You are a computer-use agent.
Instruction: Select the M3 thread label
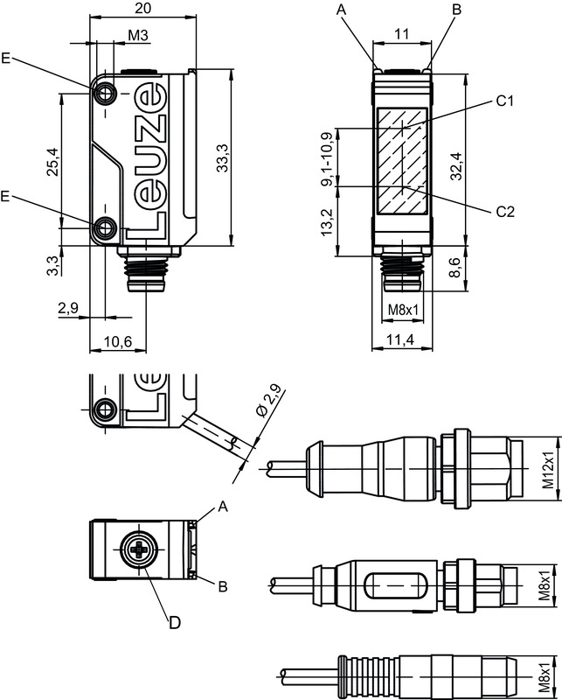point(138,35)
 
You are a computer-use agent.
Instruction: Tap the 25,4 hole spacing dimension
point(52,161)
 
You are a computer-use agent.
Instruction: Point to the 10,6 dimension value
point(117,342)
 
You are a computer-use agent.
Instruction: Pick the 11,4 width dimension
point(402,339)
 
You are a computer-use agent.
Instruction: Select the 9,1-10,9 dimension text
point(328,159)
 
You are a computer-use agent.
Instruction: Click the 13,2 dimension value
point(328,224)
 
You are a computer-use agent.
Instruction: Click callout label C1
point(504,101)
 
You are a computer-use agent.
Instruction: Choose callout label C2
point(504,211)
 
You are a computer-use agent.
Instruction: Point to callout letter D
point(175,623)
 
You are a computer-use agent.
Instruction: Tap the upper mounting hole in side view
point(106,92)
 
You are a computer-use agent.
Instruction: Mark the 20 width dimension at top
point(145,8)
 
